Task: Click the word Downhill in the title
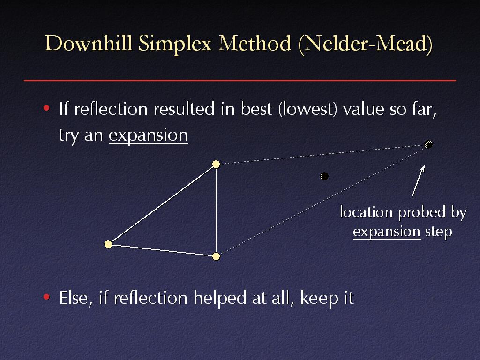click(x=89, y=43)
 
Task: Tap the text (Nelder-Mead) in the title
click(x=366, y=45)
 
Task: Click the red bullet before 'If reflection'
click(x=46, y=108)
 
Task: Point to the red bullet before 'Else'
click(x=46, y=297)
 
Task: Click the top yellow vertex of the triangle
click(x=216, y=165)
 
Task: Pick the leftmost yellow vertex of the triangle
click(x=108, y=244)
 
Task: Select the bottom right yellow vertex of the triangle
click(x=216, y=256)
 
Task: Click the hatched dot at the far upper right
click(x=428, y=144)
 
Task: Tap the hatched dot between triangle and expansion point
click(x=324, y=176)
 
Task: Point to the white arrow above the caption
click(x=419, y=180)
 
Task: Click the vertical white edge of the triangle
click(x=216, y=210)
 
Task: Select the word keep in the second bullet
click(x=316, y=298)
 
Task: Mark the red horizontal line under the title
click(x=240, y=80)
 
